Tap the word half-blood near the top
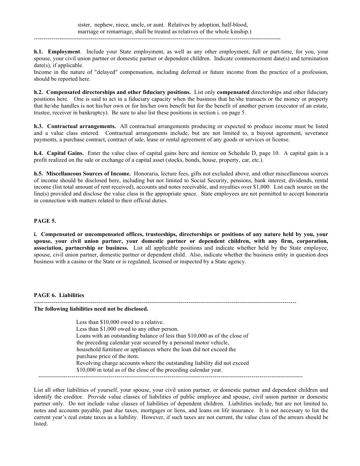click(x=235, y=24)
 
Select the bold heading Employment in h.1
click(x=64, y=52)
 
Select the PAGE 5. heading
click(x=45, y=221)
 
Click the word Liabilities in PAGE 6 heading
click(x=72, y=295)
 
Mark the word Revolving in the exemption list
click(x=88, y=363)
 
